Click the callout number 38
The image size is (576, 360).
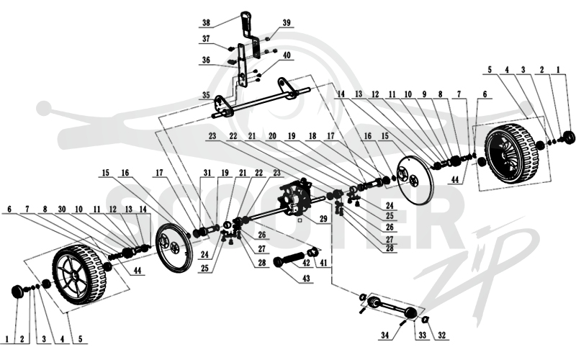pos(206,23)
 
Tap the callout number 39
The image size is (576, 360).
pos(286,23)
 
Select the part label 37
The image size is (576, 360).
pos(206,39)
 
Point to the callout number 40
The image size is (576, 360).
pos(287,55)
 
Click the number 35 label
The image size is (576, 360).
pos(206,96)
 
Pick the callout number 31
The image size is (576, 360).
pos(208,173)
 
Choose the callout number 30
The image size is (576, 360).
pos(62,210)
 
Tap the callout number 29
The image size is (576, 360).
pos(323,219)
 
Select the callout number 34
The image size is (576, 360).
pos(385,335)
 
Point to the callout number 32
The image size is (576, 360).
pos(441,335)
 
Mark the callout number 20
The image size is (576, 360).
pos(272,136)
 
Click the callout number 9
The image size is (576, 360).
pos(424,94)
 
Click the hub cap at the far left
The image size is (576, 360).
pos(17,292)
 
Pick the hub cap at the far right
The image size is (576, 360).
pos(569,138)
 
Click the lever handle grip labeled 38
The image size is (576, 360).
pos(246,22)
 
